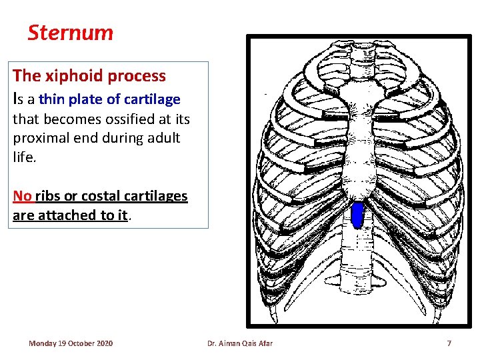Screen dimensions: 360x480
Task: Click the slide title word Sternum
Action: click(x=71, y=33)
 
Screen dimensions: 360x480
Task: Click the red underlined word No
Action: click(x=23, y=196)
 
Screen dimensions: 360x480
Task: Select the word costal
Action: click(x=100, y=196)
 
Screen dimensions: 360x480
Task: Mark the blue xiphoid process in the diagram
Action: click(x=357, y=215)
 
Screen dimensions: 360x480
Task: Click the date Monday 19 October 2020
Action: click(x=71, y=343)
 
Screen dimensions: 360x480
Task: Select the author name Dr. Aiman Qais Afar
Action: click(x=239, y=343)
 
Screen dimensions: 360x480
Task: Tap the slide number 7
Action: click(x=449, y=343)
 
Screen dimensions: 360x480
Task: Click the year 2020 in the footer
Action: click(x=104, y=343)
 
